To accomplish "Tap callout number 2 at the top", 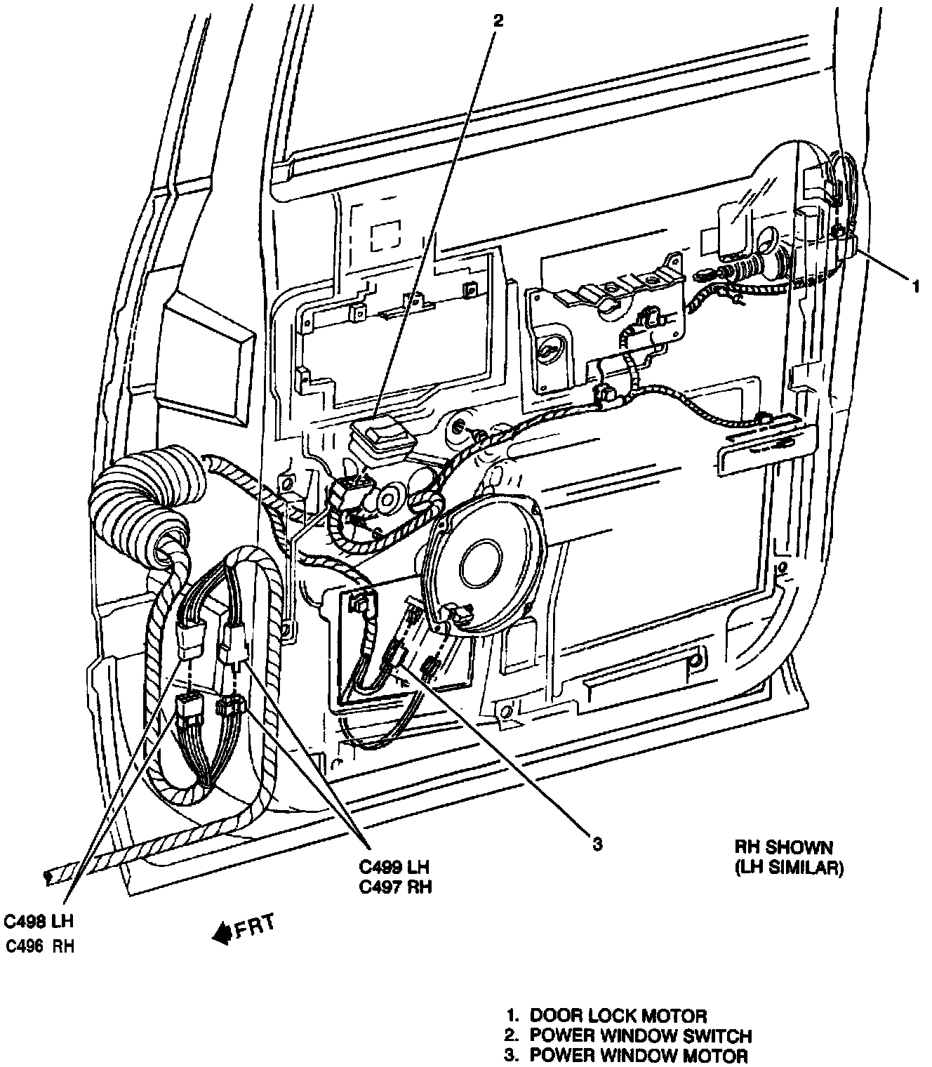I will (498, 21).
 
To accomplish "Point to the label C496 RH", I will (40, 946).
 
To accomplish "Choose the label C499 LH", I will (395, 868).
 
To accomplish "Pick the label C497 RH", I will (395, 887).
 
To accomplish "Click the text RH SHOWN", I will (784, 848).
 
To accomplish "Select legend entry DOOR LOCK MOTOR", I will (618, 1015).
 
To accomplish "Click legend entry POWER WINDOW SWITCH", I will (640, 1035).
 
